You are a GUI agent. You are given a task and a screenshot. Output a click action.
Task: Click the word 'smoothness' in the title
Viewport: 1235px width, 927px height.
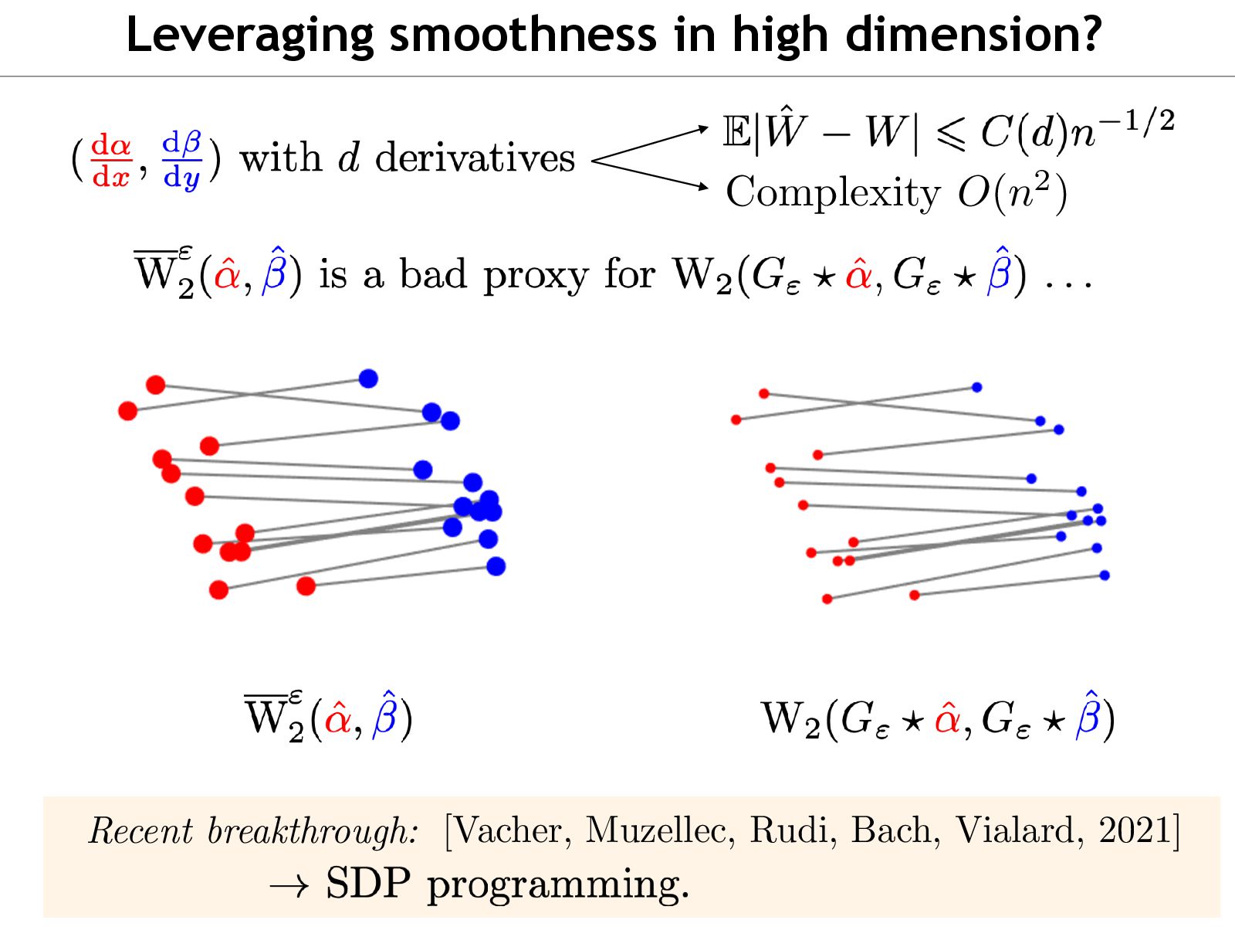(x=522, y=35)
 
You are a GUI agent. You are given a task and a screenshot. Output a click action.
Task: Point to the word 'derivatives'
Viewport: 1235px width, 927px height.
(x=475, y=158)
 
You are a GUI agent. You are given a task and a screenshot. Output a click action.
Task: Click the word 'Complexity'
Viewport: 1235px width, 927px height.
(x=833, y=192)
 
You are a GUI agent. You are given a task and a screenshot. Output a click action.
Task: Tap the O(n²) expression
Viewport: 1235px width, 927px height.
(x=1012, y=192)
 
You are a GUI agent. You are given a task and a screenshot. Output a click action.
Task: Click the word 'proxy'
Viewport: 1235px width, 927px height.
(x=536, y=277)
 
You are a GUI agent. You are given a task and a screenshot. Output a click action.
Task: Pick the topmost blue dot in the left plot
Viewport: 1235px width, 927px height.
(x=368, y=379)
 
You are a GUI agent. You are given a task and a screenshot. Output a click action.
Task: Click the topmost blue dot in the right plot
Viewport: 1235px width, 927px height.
(x=976, y=387)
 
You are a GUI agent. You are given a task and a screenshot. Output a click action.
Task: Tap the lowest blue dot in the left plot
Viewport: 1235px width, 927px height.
(x=496, y=566)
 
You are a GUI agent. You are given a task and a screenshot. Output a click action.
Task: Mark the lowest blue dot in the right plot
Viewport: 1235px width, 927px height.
(x=1105, y=575)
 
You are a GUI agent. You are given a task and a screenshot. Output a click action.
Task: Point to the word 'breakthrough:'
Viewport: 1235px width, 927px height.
(x=313, y=833)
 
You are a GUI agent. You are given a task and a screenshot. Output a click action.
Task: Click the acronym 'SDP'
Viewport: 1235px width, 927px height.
(x=367, y=883)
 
